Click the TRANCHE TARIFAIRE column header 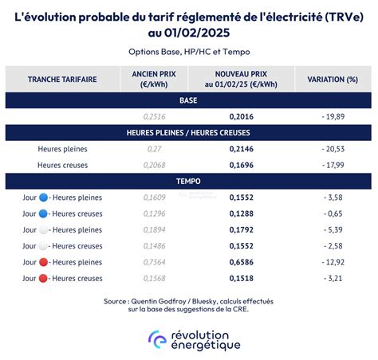(62, 80)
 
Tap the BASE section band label (188, 100)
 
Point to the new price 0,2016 (241, 116)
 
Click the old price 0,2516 (153, 116)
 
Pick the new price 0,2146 (241, 149)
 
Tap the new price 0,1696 (241, 165)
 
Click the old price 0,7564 (153, 262)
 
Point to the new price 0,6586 (241, 262)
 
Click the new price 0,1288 (241, 213)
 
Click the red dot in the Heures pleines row (43, 262)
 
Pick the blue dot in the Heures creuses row (43, 213)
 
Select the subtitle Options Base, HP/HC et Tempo (188, 52)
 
